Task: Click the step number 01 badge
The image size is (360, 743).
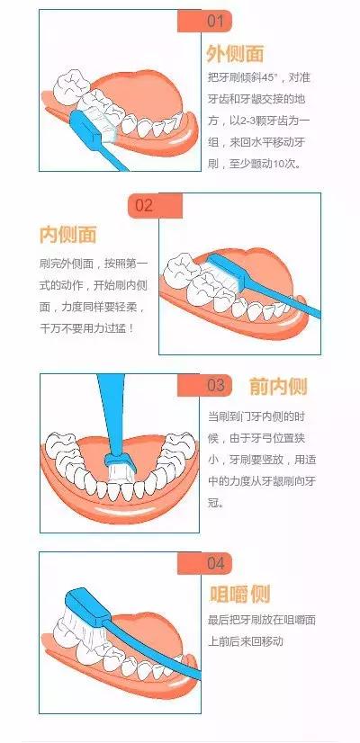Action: [204, 22]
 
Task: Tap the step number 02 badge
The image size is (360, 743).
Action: [155, 206]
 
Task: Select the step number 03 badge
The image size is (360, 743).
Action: [204, 385]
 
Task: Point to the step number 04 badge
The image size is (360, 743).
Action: [204, 563]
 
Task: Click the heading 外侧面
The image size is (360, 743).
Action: [235, 55]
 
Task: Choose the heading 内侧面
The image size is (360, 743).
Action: [67, 235]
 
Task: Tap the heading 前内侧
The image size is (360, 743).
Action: [278, 387]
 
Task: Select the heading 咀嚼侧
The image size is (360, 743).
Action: [240, 594]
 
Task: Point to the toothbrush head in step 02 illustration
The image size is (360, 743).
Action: [227, 271]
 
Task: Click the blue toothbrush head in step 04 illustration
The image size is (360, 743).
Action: [87, 604]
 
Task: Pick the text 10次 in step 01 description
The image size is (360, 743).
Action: [283, 164]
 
